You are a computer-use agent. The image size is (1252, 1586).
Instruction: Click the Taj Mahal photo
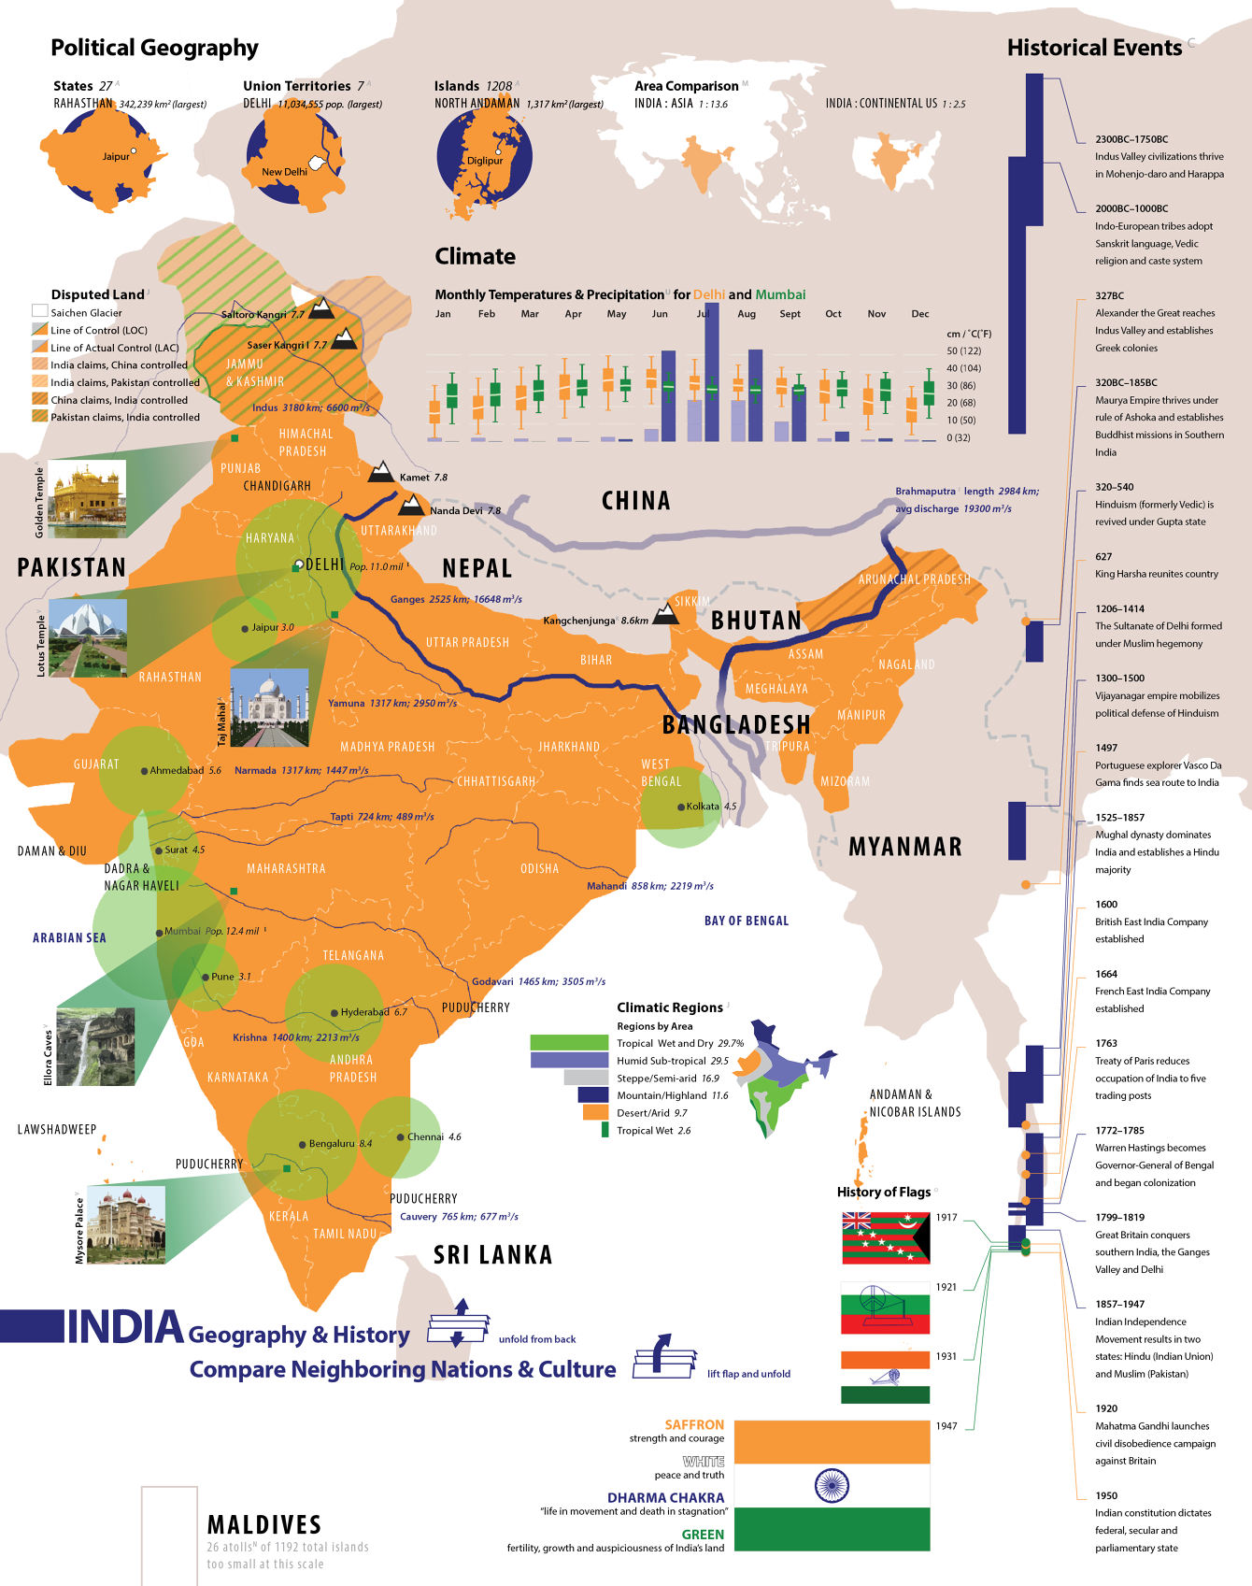269,707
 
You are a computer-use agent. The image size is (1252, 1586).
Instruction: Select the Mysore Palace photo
125,1224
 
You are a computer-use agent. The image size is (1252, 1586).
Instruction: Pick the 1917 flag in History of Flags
885,1237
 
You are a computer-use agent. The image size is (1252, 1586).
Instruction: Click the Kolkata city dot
682,806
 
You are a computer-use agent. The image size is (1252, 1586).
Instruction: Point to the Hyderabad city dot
334,1012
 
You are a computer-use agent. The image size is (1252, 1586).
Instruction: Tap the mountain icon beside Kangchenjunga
665,613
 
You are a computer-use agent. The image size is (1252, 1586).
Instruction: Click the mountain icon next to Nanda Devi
411,506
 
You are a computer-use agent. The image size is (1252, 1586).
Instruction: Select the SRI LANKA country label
492,1254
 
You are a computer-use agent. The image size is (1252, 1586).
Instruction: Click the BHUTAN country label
756,621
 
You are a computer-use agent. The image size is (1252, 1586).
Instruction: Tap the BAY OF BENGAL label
746,921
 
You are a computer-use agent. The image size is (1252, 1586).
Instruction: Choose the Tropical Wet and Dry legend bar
569,1042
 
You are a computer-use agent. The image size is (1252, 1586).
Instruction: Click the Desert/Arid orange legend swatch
595,1112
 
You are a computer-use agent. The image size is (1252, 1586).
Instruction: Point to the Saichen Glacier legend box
39,311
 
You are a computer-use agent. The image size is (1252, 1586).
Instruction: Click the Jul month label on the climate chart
703,314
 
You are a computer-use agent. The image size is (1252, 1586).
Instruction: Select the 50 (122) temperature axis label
963,350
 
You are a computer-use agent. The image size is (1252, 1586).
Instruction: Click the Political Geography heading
154,48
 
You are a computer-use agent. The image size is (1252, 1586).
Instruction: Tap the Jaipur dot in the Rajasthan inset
134,150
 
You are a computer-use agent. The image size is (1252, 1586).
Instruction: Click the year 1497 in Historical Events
1106,748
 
